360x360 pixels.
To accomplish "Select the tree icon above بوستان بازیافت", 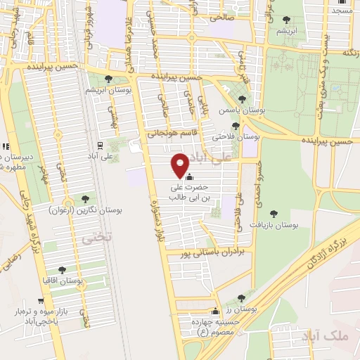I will pyautogui.click(x=274, y=214).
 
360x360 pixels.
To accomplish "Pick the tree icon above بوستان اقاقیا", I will pyautogui.click(x=63, y=269).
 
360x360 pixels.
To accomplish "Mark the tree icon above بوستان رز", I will pyautogui.click(x=241, y=298).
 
